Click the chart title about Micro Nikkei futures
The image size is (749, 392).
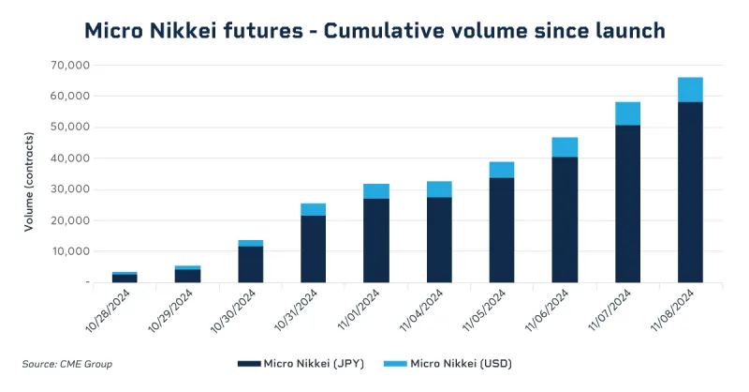point(374,30)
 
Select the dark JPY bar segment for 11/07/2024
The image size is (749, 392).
point(627,203)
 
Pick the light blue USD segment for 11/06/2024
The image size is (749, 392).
point(565,147)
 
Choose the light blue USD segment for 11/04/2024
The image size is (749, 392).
point(439,188)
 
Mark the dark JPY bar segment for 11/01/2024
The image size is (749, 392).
point(376,240)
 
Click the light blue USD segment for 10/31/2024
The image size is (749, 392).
point(314,209)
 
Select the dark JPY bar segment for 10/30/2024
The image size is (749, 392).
point(251,264)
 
